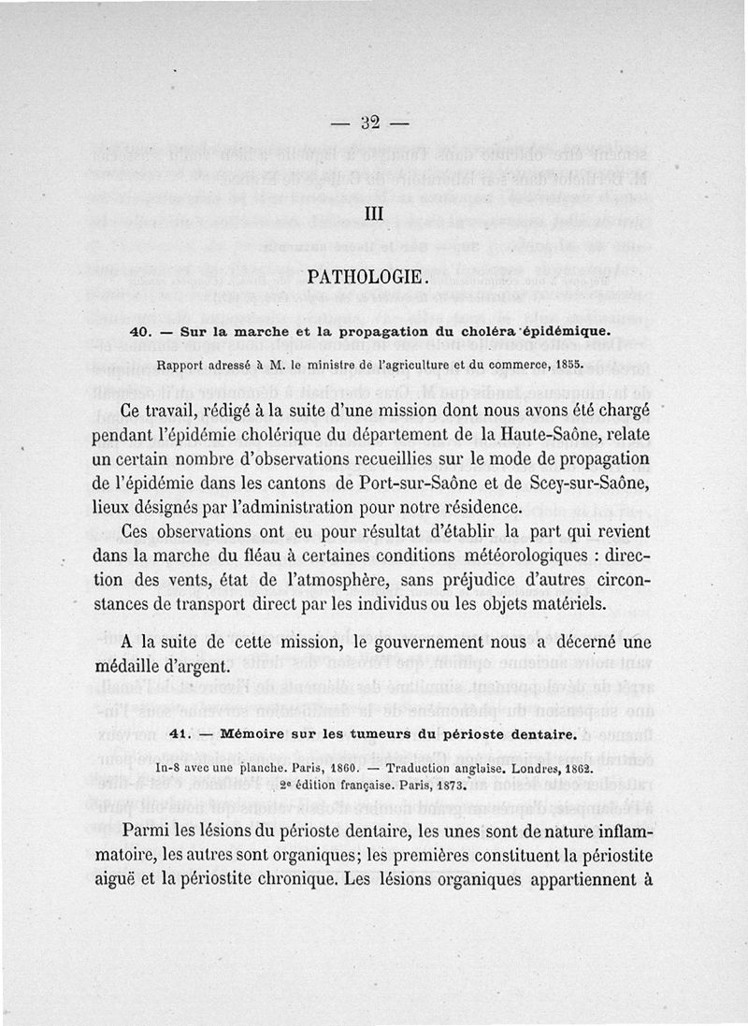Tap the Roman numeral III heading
375,213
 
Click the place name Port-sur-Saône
431,484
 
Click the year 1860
318,767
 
